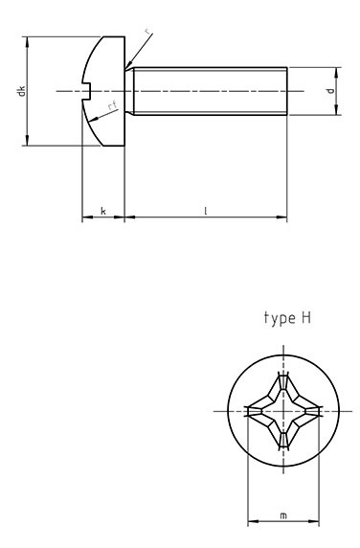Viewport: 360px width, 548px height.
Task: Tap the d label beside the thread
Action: click(329, 92)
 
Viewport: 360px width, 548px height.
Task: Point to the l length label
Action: click(205, 209)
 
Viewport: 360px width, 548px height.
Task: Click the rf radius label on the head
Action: click(112, 107)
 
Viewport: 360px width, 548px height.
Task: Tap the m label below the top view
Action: click(282, 515)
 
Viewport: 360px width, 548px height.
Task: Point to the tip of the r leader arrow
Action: click(127, 69)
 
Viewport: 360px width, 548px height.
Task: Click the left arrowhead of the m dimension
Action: click(251, 523)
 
